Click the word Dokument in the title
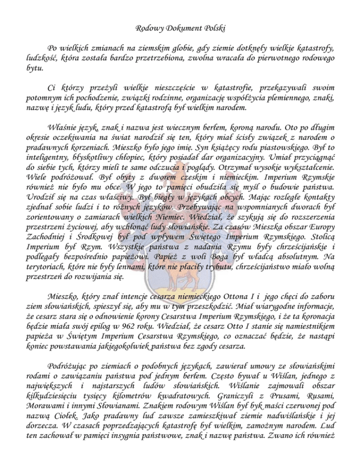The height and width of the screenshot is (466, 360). (180, 29)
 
